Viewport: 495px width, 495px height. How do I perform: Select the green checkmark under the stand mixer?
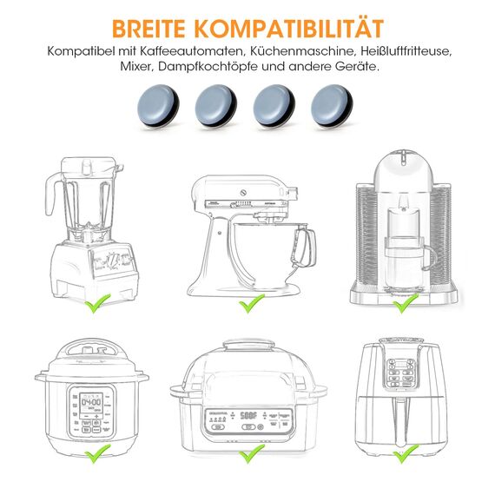(x=252, y=302)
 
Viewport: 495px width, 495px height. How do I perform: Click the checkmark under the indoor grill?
(x=252, y=452)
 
